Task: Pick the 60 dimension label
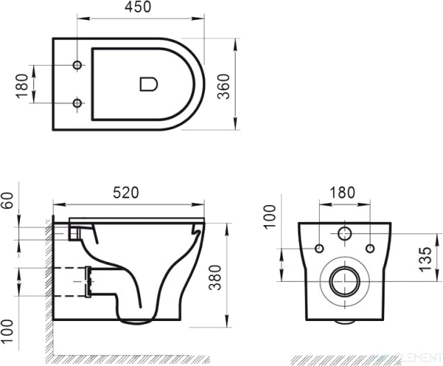9,201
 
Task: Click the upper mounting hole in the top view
77,66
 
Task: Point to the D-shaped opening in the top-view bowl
148,84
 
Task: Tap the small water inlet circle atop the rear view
344,235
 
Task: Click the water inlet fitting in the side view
75,231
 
